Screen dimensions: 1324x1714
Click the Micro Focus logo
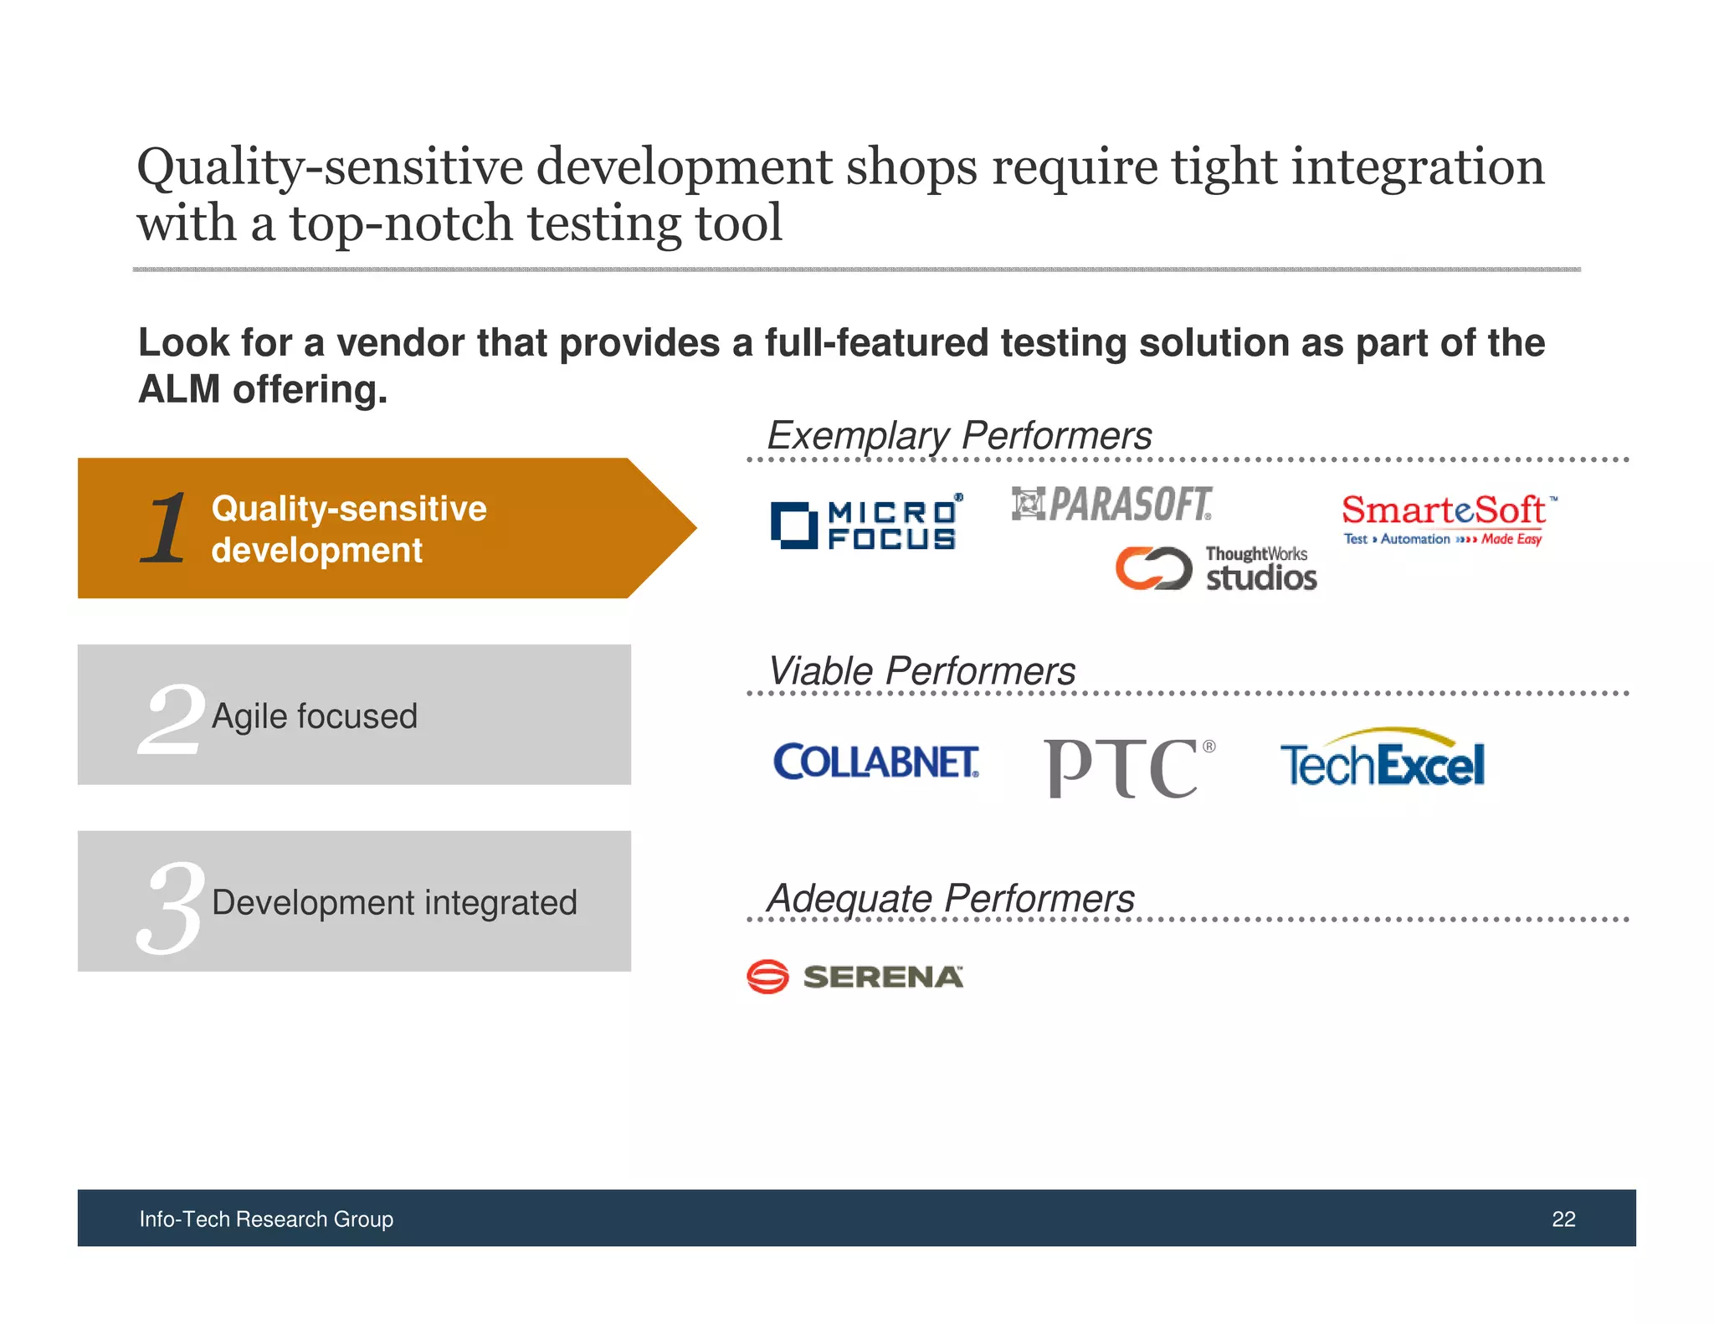tap(866, 524)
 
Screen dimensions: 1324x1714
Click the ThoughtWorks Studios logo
tap(1215, 568)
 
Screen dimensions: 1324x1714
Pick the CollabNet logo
tap(875, 762)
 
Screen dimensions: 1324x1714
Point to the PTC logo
tap(1128, 767)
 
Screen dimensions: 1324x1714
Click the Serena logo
tap(854, 976)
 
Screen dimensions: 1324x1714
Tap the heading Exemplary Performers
tap(959, 436)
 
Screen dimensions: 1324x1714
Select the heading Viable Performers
tap(921, 671)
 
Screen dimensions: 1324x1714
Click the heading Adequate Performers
tap(951, 899)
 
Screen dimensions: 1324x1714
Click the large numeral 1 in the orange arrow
tap(165, 528)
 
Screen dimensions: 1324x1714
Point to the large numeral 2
tap(172, 717)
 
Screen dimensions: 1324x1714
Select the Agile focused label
tap(315, 716)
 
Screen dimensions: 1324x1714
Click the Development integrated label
tap(394, 903)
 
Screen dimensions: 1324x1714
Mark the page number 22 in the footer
tap(1563, 1219)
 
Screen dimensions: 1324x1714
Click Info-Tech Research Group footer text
tap(266, 1219)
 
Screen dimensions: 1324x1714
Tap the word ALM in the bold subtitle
tap(179, 390)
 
